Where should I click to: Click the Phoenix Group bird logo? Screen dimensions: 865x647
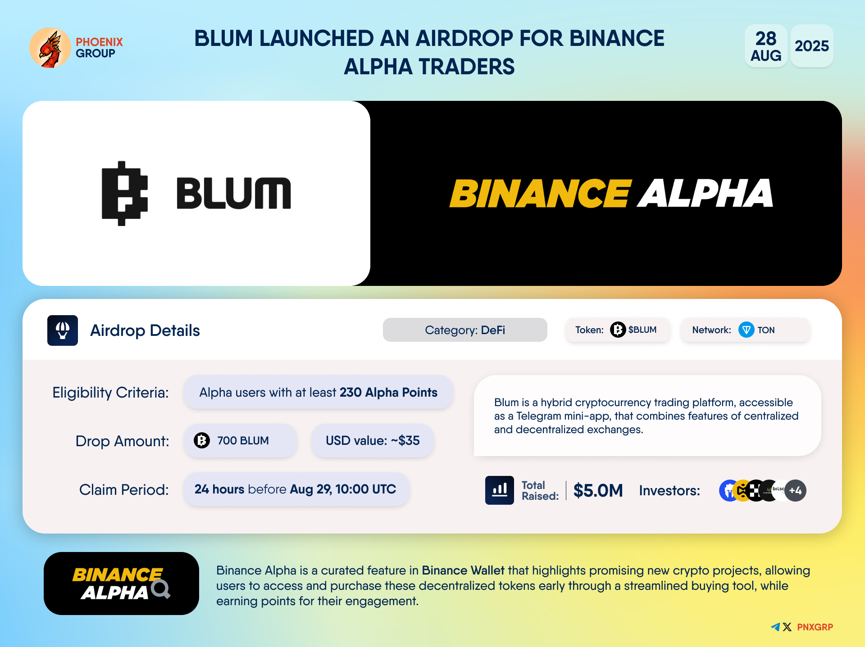[50, 48]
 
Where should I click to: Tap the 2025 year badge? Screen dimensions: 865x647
[812, 46]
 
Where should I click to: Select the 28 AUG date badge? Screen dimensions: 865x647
[766, 46]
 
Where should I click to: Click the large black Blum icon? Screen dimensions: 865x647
[125, 193]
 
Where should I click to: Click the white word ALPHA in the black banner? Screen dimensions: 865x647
[706, 194]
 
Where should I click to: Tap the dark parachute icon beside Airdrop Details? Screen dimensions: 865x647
[63, 330]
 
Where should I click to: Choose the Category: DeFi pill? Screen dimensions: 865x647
[465, 330]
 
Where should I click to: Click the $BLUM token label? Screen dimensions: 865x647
[642, 330]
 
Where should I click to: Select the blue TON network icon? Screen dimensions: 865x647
[747, 330]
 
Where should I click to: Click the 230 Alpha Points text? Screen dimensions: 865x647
[388, 393]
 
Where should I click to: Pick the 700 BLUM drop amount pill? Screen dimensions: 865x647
[241, 440]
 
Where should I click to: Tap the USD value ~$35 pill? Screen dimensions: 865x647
[373, 440]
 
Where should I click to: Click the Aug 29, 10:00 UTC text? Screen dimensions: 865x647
[343, 489]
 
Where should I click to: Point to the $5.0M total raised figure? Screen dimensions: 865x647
[598, 490]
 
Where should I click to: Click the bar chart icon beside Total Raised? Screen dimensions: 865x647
[500, 490]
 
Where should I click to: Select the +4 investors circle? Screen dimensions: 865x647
[795, 491]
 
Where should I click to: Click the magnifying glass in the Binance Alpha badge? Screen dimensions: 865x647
[161, 589]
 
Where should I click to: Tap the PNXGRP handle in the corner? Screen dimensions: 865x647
[815, 627]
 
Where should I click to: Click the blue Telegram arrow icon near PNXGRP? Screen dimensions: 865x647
[775, 627]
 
